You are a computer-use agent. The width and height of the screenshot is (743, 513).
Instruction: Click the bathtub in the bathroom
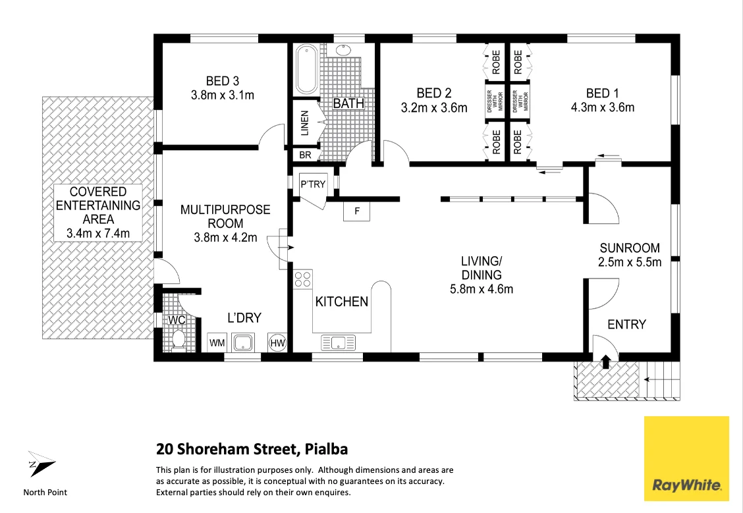click(x=306, y=70)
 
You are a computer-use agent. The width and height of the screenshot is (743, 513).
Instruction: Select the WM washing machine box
click(x=217, y=342)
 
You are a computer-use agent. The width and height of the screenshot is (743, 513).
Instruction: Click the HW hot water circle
click(x=277, y=342)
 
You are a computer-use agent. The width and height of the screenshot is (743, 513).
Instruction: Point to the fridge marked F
click(x=357, y=211)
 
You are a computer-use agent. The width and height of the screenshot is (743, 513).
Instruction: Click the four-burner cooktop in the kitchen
click(x=302, y=280)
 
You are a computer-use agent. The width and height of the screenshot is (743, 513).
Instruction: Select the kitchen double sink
click(x=338, y=342)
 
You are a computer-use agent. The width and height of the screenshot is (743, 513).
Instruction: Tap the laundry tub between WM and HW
click(x=245, y=342)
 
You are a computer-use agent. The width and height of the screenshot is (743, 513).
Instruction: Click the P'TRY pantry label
click(x=313, y=184)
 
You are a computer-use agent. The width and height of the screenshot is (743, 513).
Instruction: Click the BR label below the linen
click(x=305, y=155)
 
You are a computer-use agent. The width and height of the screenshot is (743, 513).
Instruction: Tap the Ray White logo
click(x=687, y=458)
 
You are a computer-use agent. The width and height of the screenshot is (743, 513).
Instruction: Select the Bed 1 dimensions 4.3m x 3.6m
click(x=602, y=108)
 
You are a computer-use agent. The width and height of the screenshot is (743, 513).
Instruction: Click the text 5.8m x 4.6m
click(x=482, y=288)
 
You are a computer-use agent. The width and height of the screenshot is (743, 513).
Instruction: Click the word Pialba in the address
click(x=327, y=450)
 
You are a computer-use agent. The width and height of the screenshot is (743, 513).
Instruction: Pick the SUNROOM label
click(x=629, y=248)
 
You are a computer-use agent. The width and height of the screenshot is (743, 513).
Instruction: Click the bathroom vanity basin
click(x=343, y=50)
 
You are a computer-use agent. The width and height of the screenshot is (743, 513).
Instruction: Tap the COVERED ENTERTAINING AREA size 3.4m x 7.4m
click(x=97, y=233)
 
